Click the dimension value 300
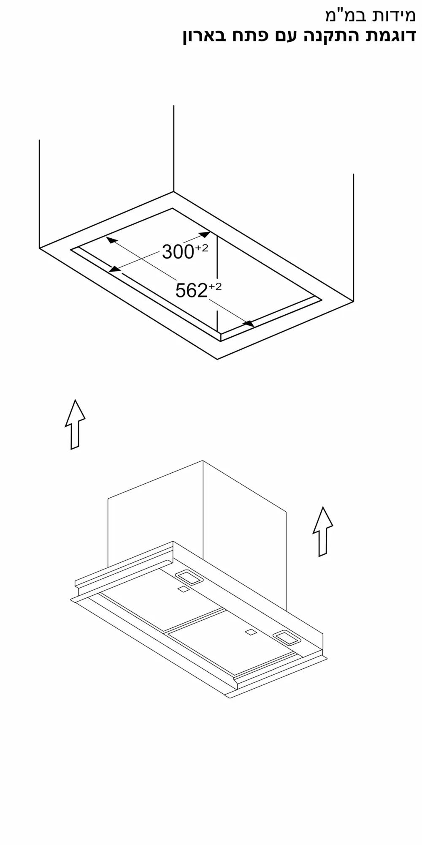coord(178,252)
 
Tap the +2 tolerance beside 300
coord(202,248)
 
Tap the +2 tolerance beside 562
coord(215,287)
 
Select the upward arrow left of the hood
coord(75,424)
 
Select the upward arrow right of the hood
coord(323,532)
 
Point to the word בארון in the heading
coord(206,36)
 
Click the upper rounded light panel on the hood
coord(188,577)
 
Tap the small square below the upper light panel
coord(182,589)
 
